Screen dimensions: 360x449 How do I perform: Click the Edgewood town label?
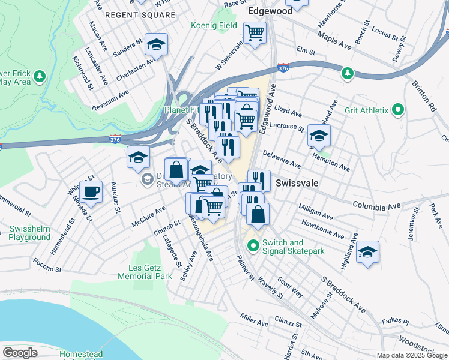click(x=270, y=11)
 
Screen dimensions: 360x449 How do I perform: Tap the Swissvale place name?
click(x=297, y=182)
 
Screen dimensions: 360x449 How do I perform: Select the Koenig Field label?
click(x=214, y=26)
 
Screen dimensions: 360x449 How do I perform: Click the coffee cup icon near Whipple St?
click(x=91, y=192)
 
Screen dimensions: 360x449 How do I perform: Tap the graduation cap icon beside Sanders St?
click(x=156, y=44)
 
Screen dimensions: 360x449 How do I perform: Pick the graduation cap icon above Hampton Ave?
click(x=319, y=136)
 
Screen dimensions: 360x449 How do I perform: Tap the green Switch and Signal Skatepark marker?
click(x=253, y=245)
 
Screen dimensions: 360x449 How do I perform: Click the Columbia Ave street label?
click(x=376, y=206)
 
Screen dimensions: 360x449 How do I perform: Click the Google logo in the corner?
click(x=20, y=353)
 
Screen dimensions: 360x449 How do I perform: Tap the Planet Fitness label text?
click(x=183, y=110)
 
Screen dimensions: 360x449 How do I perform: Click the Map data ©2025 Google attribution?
click(x=412, y=355)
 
